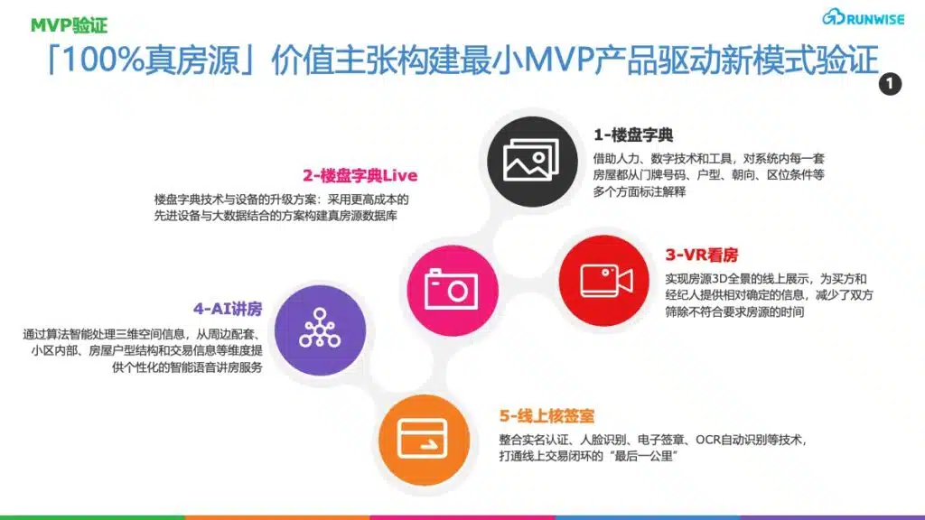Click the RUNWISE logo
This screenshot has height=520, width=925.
863,18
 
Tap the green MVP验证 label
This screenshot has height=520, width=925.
69,25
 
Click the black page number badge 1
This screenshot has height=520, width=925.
890,84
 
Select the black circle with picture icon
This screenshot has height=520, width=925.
532,162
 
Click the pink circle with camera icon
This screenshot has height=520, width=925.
453,291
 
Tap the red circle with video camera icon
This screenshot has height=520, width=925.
604,281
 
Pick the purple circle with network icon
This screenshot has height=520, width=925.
321,330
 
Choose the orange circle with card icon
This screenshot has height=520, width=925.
425,440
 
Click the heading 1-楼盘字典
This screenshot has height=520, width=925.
633,135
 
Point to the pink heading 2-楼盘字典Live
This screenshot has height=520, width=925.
360,176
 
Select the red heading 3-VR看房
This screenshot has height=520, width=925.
701,255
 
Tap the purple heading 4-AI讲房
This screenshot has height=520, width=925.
228,309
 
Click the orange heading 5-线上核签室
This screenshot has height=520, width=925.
547,416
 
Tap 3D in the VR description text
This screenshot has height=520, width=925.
720,279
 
